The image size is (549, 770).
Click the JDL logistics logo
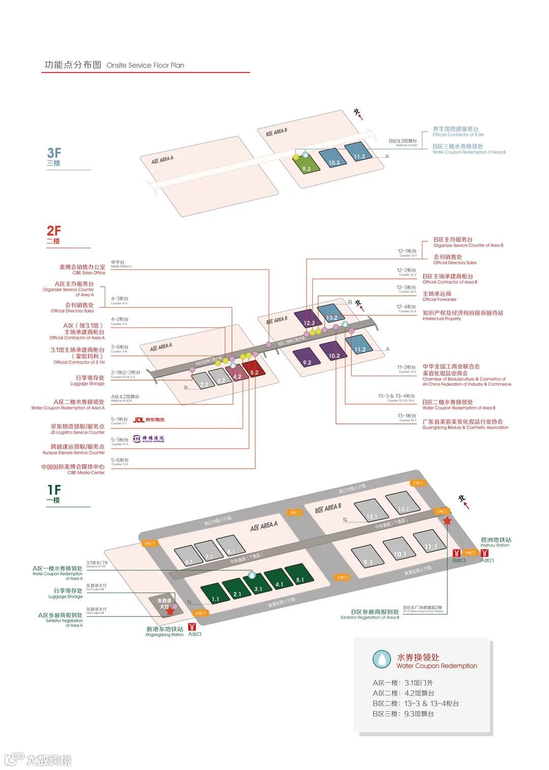click(148, 420)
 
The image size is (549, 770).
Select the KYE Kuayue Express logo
click(148, 439)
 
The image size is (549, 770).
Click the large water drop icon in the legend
click(381, 659)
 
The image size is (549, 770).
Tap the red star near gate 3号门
click(447, 521)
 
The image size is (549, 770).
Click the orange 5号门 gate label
click(342, 577)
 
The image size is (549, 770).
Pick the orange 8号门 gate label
click(149, 543)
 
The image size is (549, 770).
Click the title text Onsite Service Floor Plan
click(145, 66)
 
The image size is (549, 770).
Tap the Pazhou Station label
click(496, 542)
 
